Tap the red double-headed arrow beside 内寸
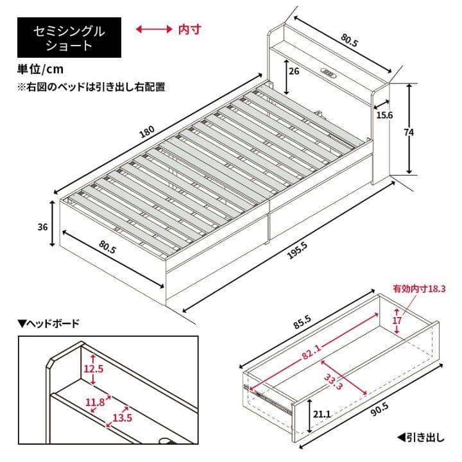point(153,30)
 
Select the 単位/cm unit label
point(40,69)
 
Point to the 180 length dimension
point(147,132)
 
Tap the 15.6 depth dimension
point(385,115)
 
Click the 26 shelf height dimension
point(293,71)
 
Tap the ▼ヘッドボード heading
point(48,323)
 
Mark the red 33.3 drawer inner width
point(332,382)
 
